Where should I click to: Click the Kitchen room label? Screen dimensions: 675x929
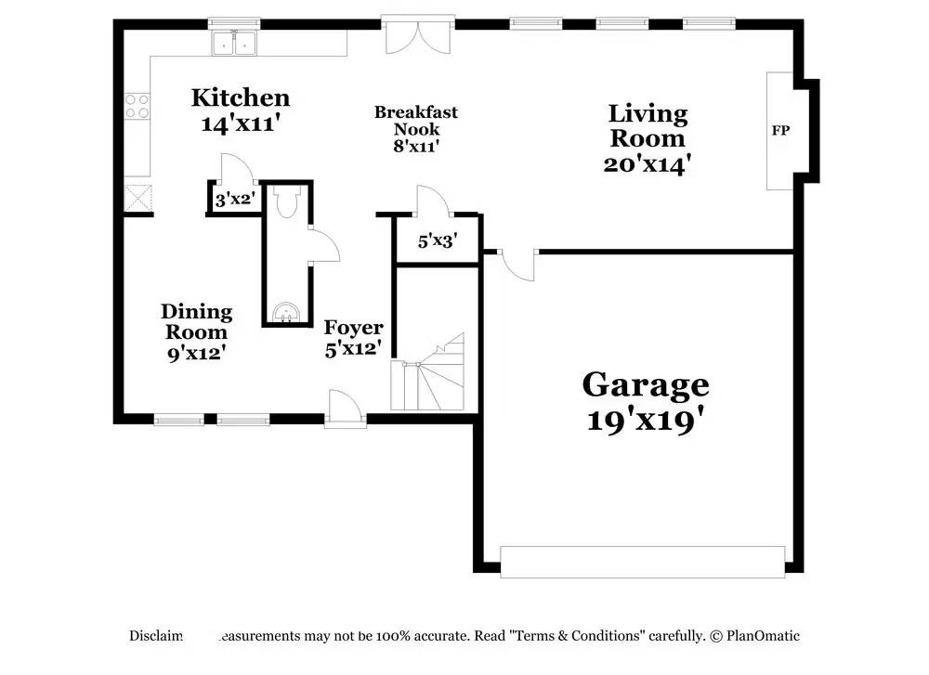[x=241, y=97]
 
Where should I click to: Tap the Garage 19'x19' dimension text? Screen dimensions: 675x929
[x=645, y=420]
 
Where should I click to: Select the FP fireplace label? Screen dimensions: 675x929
[x=780, y=131]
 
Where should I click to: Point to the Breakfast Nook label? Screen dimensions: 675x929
[x=415, y=121]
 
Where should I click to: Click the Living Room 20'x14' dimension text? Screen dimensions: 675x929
[x=647, y=164]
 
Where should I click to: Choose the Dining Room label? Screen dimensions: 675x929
[x=196, y=322]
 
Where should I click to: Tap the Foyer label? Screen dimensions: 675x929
[x=353, y=328]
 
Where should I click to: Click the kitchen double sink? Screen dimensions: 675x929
[x=233, y=43]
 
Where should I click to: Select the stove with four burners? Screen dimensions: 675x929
[x=137, y=106]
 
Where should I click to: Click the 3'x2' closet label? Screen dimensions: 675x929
[x=234, y=199]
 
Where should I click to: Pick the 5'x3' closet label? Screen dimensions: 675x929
[x=436, y=241]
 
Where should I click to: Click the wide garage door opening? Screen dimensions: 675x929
[x=642, y=561]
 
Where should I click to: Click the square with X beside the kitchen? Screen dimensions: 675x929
[x=138, y=198]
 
